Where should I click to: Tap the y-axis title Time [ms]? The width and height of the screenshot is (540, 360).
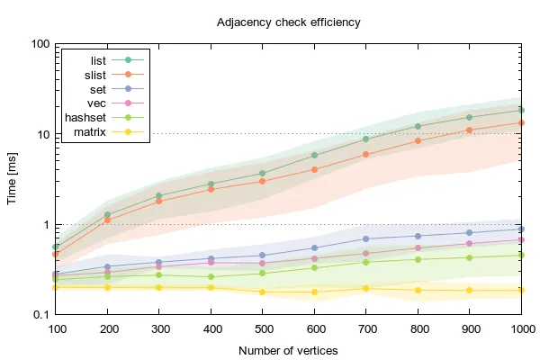pos(13,178)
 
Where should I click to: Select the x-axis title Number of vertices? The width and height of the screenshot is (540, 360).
pos(288,350)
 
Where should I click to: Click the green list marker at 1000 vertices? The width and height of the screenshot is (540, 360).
pos(522,111)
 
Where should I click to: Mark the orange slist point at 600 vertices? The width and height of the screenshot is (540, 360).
pos(314,169)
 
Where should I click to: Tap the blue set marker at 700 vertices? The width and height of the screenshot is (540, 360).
pos(366,238)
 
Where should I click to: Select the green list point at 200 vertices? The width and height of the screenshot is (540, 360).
pos(107,215)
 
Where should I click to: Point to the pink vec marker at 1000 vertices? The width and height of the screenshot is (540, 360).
pos(522,239)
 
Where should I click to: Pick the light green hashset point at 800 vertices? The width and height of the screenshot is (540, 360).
pos(418,259)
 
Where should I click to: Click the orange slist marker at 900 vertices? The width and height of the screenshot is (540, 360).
pos(470,130)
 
